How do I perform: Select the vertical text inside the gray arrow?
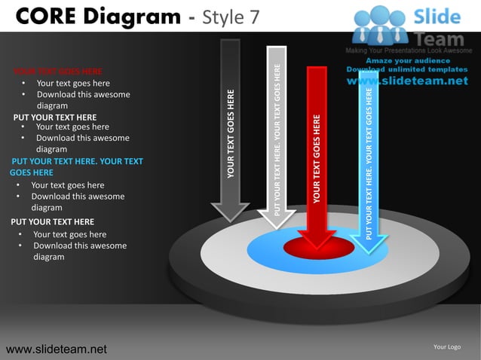tap(231, 134)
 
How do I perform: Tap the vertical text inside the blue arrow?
tap(369, 162)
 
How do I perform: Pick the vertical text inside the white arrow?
tap(277, 139)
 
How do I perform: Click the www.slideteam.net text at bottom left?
tap(57, 349)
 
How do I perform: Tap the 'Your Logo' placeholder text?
tap(447, 346)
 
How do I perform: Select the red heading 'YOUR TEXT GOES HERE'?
tap(58, 72)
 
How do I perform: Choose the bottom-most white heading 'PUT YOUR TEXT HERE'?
tap(53, 222)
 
